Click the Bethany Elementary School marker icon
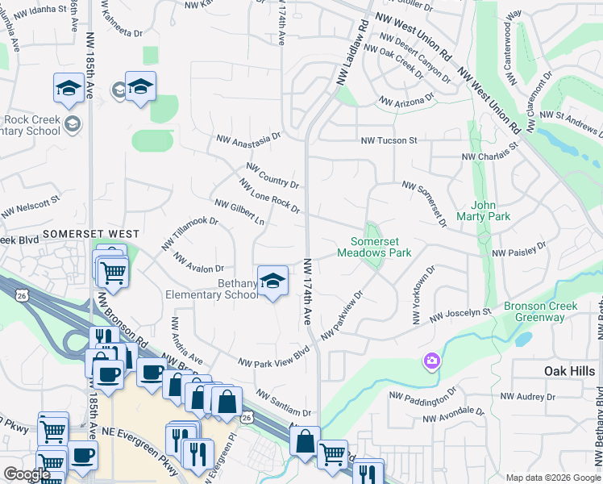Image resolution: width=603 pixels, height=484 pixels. (272, 281)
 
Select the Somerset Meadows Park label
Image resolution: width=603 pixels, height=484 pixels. (381, 247)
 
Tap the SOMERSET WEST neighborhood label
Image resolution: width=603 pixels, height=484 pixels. (91, 233)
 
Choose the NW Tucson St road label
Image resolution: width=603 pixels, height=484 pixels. (389, 140)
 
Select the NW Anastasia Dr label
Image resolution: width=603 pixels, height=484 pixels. (247, 139)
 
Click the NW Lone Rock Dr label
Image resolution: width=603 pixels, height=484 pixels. (270, 196)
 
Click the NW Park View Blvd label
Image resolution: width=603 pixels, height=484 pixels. (274, 357)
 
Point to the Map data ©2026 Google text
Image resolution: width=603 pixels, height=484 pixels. (553, 477)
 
